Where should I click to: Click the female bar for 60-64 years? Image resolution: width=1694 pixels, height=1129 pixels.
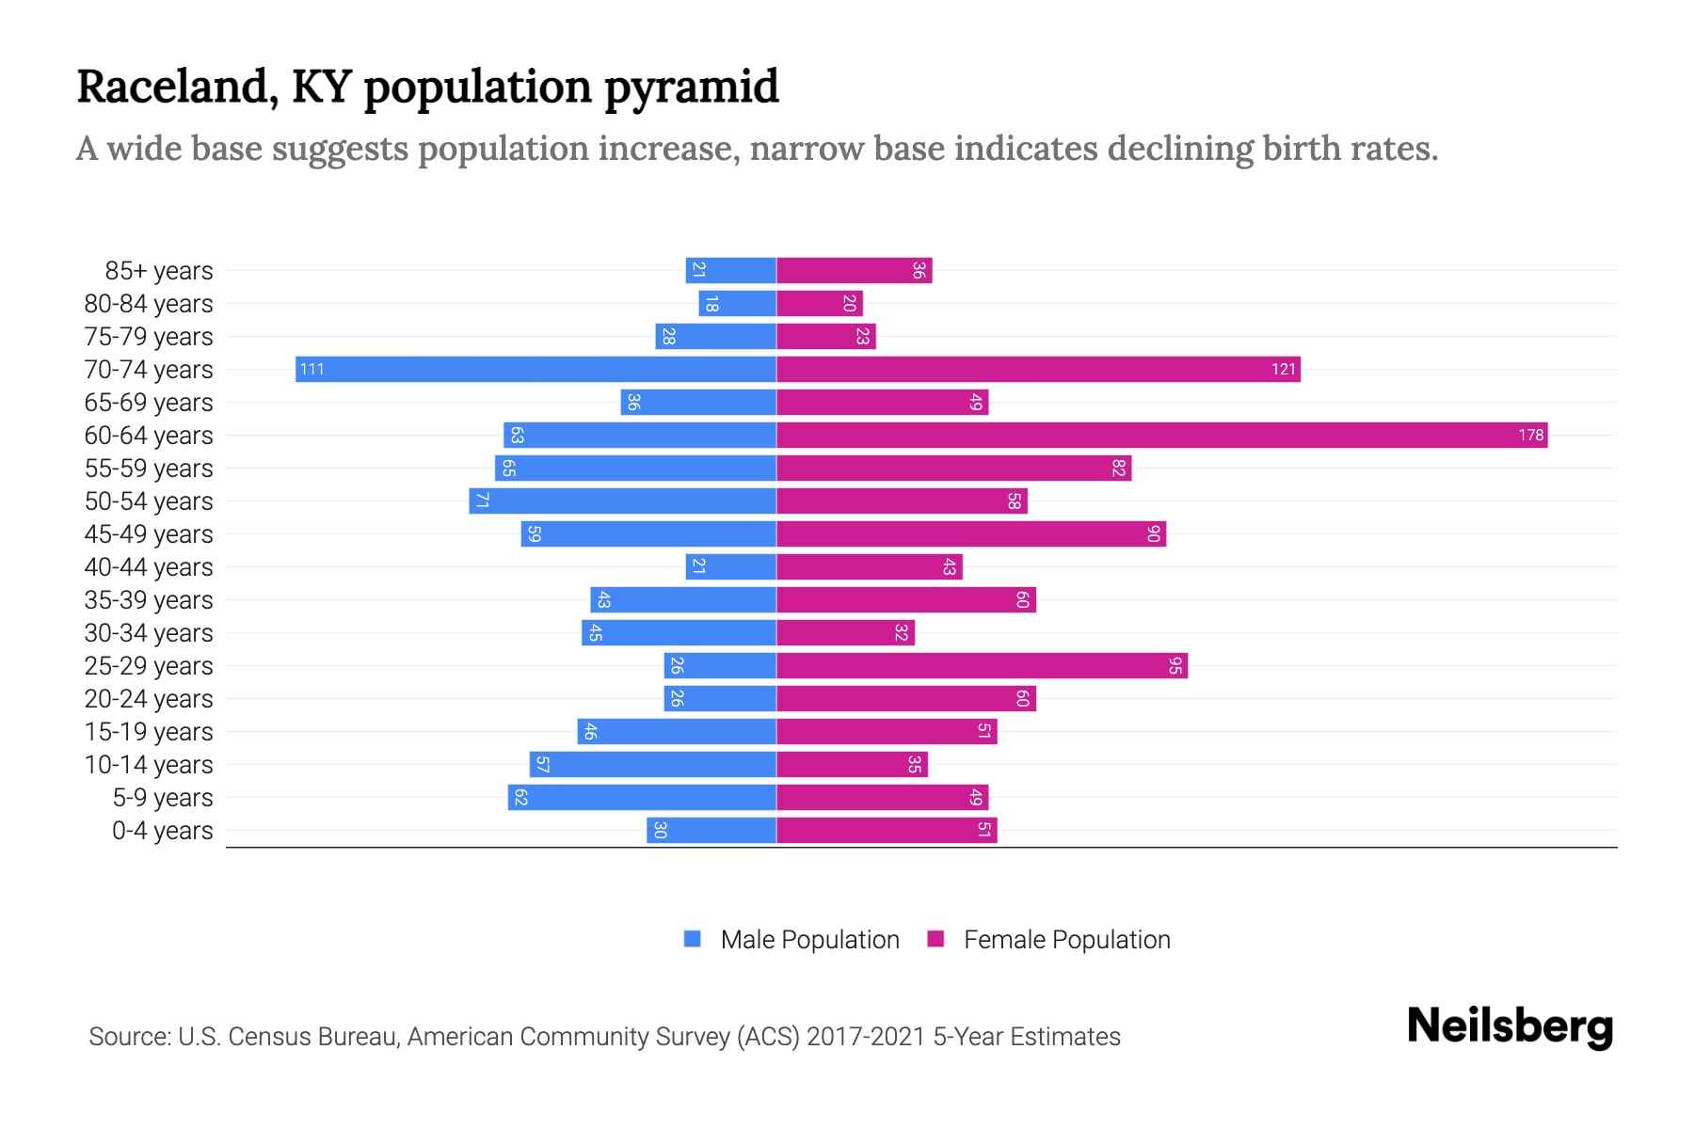click(1161, 435)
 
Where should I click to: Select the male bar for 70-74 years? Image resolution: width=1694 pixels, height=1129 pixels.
click(535, 369)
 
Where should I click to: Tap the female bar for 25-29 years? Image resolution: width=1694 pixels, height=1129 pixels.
click(982, 665)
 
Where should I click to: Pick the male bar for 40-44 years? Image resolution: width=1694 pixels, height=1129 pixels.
click(730, 566)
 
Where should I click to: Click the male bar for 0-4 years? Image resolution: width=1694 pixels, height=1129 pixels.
click(711, 830)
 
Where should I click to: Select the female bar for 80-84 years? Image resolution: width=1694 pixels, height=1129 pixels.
click(819, 303)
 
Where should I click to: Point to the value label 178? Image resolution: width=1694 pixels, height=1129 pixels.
click(1530, 435)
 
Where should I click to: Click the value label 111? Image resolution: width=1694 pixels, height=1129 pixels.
click(312, 369)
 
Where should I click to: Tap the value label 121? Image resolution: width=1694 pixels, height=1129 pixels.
click(1283, 369)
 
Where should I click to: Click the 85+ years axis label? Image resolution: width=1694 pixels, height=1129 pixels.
click(158, 271)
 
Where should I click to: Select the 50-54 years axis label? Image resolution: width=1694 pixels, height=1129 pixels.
click(149, 501)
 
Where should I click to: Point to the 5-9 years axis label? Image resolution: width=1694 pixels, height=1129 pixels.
click(162, 798)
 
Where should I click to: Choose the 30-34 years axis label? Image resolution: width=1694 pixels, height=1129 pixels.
click(149, 633)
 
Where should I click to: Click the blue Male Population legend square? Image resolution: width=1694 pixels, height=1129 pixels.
click(693, 939)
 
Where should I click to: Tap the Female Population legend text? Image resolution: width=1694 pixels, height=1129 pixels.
click(1066, 940)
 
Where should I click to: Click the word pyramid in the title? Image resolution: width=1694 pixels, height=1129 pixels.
click(691, 87)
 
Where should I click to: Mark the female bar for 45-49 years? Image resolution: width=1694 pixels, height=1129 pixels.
click(970, 533)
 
